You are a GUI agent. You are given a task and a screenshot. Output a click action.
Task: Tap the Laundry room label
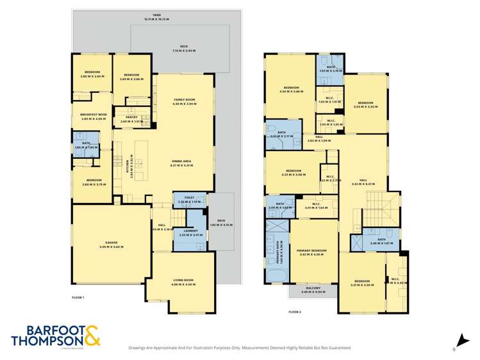[x=190, y=233]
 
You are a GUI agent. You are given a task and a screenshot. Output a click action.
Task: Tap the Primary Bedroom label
[x=314, y=252]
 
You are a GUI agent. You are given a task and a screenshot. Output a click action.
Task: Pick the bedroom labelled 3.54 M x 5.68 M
[x=291, y=89]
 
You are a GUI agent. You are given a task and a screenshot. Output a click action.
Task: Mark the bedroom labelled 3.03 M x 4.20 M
[x=365, y=104]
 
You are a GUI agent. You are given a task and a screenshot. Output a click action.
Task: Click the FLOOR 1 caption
[x=78, y=298]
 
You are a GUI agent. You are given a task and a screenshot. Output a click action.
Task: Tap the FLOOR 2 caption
[x=294, y=311]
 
